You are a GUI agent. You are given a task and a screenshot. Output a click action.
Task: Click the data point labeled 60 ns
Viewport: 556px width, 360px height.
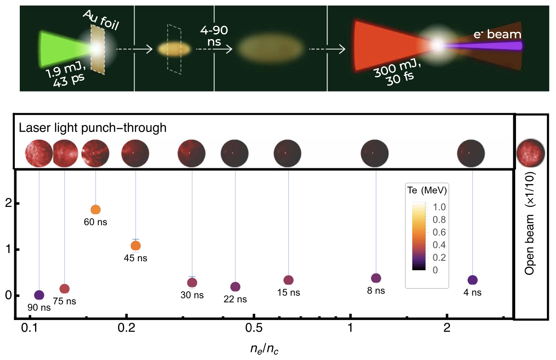[95, 210]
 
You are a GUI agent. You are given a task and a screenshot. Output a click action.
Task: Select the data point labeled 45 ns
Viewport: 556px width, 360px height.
[136, 246]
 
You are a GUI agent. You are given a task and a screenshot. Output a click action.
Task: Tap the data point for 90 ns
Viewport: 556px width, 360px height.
[39, 295]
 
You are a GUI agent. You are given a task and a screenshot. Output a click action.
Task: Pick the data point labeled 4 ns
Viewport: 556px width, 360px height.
[472, 280]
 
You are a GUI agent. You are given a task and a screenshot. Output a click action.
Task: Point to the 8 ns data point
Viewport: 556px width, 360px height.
[376, 278]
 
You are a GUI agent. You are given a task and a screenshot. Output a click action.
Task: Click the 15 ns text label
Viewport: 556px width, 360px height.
[288, 293]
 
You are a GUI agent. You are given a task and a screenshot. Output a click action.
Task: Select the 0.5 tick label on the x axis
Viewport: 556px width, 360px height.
[254, 328]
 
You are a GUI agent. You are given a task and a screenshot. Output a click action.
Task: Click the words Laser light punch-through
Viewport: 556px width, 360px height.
[93, 128]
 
